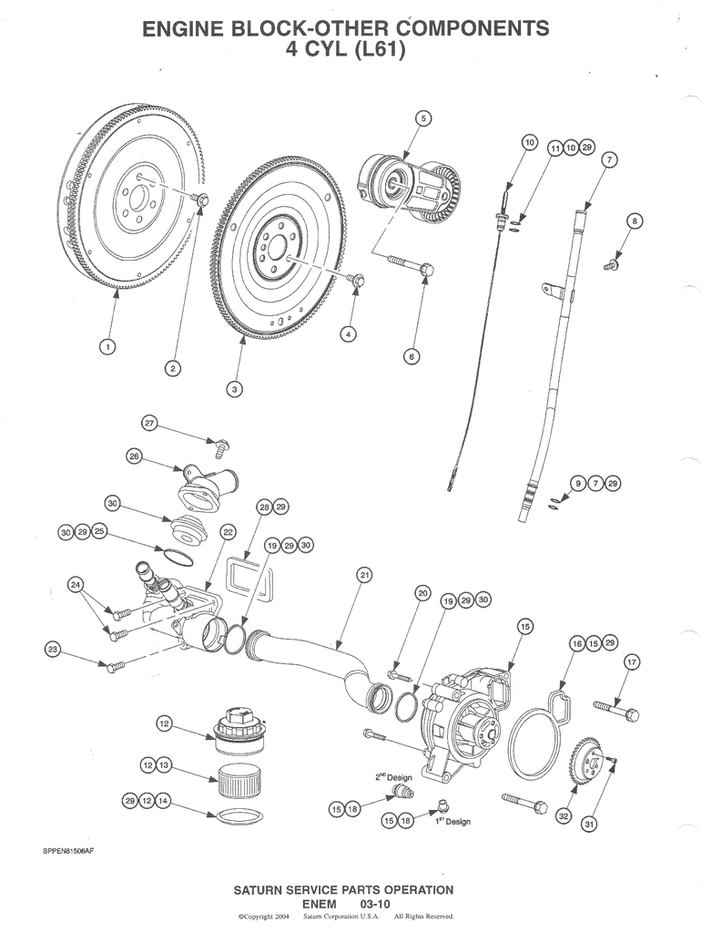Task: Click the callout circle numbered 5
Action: click(x=422, y=118)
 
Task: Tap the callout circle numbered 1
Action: click(x=107, y=345)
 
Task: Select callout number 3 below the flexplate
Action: click(x=234, y=389)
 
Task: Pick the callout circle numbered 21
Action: click(x=364, y=575)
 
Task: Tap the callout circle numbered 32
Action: click(x=564, y=815)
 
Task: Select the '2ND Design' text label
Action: click(x=393, y=777)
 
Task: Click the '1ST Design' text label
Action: click(x=452, y=822)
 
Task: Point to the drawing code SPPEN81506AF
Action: click(x=68, y=851)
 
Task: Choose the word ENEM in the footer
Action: click(x=319, y=903)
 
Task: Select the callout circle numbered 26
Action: click(x=134, y=457)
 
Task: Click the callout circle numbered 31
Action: click(x=589, y=825)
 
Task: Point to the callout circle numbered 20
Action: click(x=422, y=593)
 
